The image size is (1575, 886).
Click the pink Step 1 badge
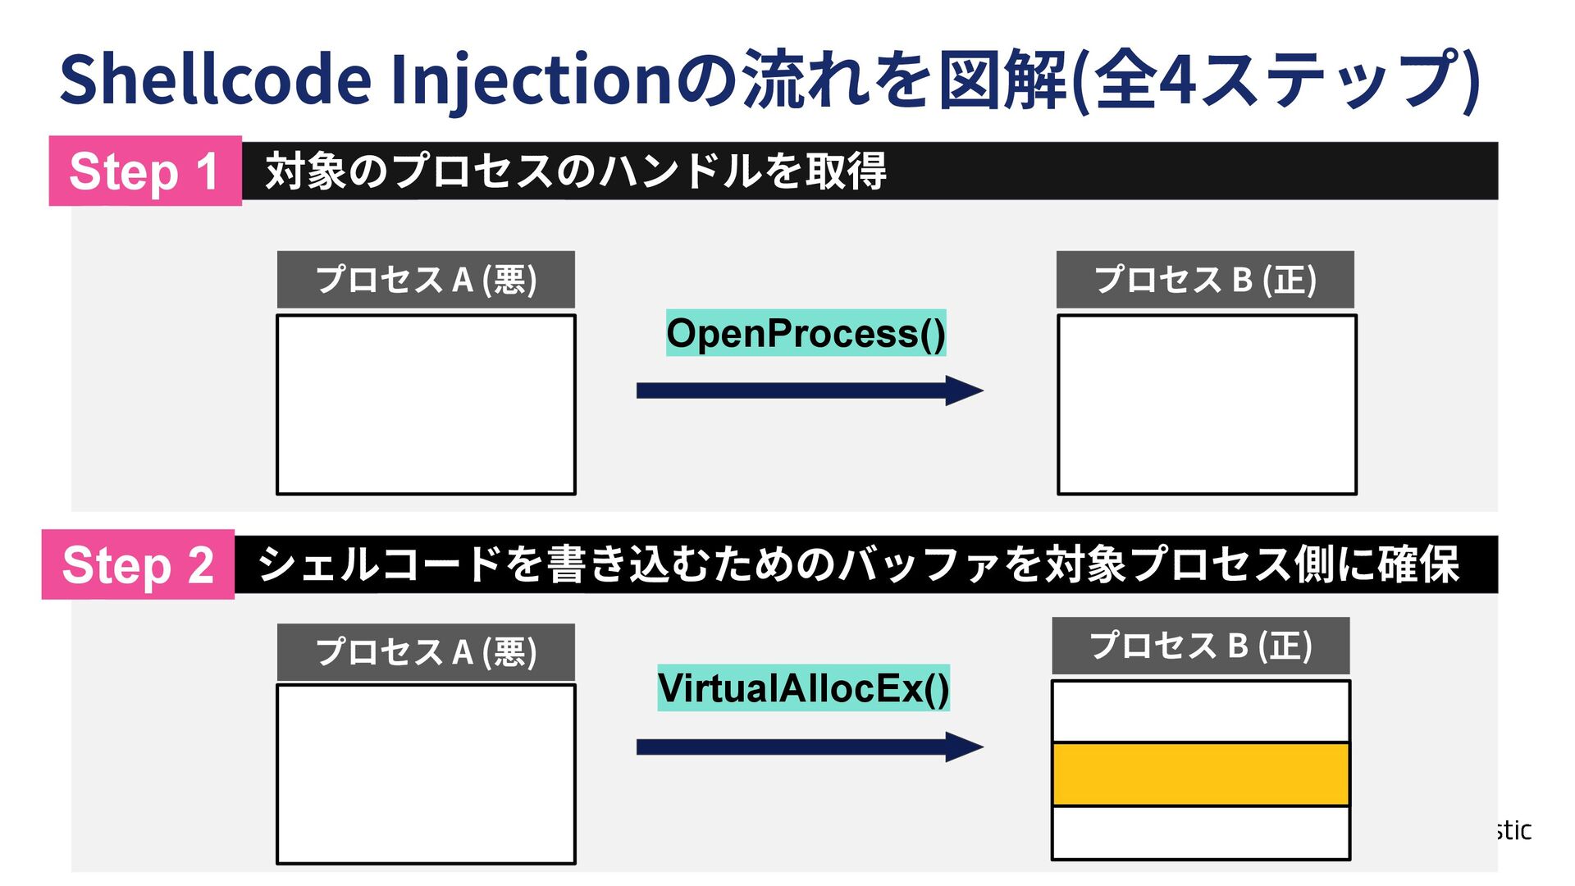145,171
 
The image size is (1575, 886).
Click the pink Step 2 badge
138,564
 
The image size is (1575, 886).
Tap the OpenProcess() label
806,333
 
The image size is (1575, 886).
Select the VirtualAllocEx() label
803,687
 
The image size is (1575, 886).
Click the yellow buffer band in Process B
1201,774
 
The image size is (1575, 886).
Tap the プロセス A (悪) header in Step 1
426,280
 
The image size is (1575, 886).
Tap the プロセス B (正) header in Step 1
1205,280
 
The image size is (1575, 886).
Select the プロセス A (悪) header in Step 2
426,652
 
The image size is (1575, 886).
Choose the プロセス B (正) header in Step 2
1201,646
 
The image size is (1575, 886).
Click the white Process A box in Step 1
426,404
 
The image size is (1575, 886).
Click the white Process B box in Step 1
1207,404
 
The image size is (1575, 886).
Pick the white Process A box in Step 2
426,774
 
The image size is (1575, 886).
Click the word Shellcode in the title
216,80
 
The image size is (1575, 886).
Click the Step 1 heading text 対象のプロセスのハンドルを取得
575,171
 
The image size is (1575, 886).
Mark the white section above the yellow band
1201,711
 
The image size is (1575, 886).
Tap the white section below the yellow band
1201,832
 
